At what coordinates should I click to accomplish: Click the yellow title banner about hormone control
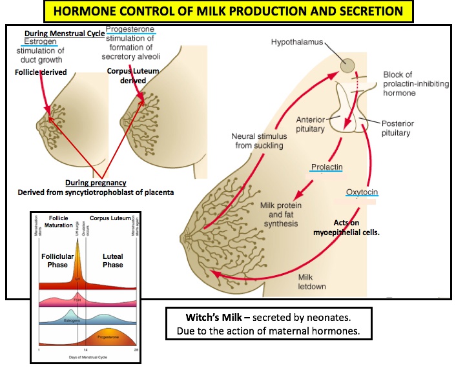[232, 12]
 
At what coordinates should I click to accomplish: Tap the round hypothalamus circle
[348, 65]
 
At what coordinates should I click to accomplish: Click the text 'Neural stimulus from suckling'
[257, 141]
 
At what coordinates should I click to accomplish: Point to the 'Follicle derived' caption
[41, 72]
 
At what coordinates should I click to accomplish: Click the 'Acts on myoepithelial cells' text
[380, 228]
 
